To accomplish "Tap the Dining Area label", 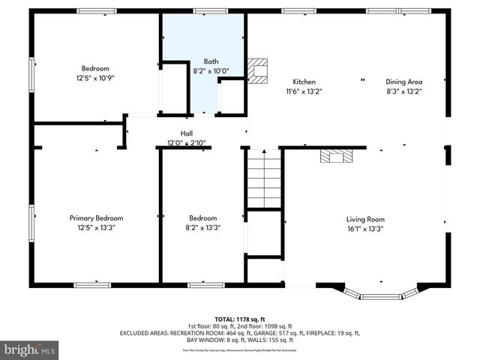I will [404, 82].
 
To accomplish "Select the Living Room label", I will [364, 219].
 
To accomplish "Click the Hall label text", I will [186, 133].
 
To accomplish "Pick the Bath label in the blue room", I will [211, 61].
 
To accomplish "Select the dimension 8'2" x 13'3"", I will [203, 228].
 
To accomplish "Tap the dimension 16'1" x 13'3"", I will [364, 229].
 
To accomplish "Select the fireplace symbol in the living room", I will [336, 155].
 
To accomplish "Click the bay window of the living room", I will [382, 294].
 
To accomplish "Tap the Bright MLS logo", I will [30, 349].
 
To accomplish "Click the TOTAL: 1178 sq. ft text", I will [240, 318].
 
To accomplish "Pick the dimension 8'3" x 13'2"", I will [404, 91].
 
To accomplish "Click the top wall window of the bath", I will [204, 11].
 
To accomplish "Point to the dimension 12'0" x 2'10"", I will [186, 142].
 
